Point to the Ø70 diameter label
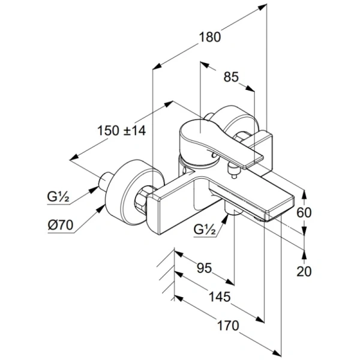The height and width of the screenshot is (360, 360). coord(61,226)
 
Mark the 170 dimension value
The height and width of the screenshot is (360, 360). coord(227,325)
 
